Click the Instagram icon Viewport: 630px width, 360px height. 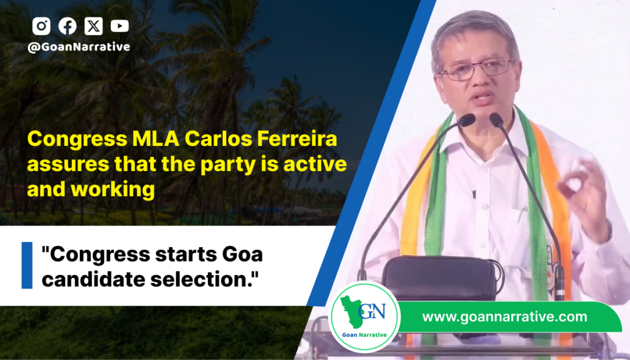41,26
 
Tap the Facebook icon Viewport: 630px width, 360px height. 68,26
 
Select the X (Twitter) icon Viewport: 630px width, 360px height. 94,26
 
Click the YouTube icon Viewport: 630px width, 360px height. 120,26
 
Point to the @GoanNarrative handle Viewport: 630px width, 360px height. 79,47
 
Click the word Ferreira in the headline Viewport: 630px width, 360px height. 297,139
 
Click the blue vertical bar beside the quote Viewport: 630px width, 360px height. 27,265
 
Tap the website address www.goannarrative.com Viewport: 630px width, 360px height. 504,316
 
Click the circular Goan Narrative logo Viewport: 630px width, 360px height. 364,317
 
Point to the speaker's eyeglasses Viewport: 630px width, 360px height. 477,69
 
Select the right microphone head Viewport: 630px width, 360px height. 496,119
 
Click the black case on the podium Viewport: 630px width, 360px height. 441,278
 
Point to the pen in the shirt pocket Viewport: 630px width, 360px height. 522,214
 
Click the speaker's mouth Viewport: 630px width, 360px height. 484,98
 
